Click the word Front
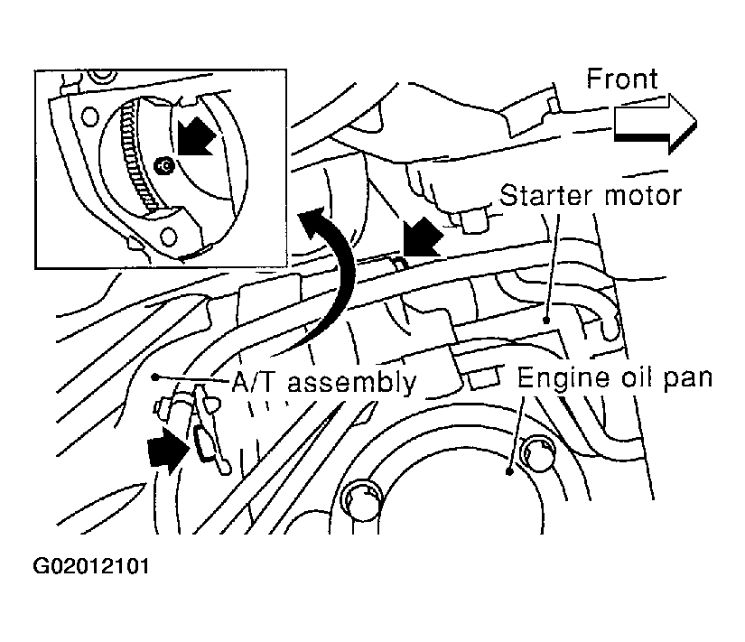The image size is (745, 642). pyautogui.click(x=622, y=79)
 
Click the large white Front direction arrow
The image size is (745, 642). pyautogui.click(x=656, y=124)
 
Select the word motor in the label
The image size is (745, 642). pyautogui.click(x=643, y=196)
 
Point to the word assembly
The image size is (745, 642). pyautogui.click(x=352, y=383)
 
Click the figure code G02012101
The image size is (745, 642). pyautogui.click(x=91, y=566)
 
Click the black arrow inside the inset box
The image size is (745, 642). pyautogui.click(x=195, y=137)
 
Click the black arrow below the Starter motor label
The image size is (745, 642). pyautogui.click(x=422, y=237)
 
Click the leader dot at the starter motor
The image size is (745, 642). pyautogui.click(x=546, y=321)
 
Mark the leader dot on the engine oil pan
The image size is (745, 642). pyautogui.click(x=509, y=472)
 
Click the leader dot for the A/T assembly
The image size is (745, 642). pyautogui.click(x=155, y=377)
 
